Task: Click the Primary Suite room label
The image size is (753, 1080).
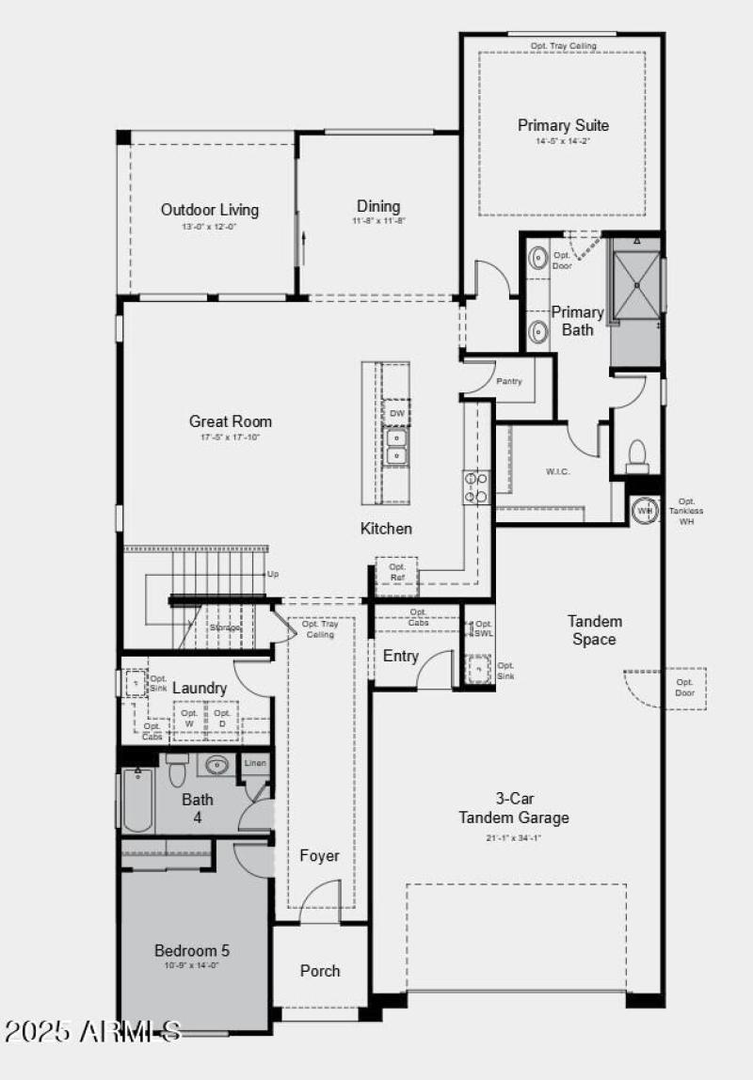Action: click(563, 125)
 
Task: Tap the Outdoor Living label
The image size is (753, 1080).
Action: click(209, 210)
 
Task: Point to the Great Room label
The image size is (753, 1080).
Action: click(231, 421)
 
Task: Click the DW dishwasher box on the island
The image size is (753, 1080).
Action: click(395, 413)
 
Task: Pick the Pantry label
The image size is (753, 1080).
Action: click(509, 382)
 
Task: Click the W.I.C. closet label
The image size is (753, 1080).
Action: click(558, 471)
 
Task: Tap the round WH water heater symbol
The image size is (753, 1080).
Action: click(645, 510)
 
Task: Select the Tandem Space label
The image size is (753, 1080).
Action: click(594, 630)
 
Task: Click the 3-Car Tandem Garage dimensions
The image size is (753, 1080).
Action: click(514, 837)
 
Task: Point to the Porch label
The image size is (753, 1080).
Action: click(320, 970)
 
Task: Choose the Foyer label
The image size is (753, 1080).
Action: click(319, 856)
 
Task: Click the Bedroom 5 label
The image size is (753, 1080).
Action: click(192, 950)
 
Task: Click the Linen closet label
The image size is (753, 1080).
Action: click(255, 764)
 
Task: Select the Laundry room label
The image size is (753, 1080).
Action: click(200, 689)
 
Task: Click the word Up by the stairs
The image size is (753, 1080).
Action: click(273, 574)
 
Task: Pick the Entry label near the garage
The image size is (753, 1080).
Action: click(400, 656)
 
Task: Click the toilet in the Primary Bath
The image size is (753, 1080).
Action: click(637, 455)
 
